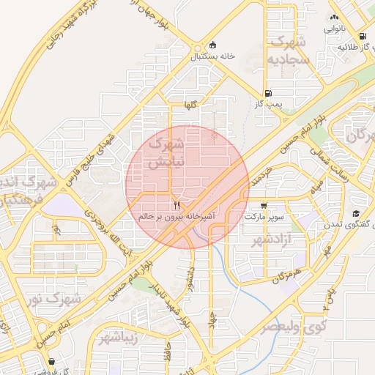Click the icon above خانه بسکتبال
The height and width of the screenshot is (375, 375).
[x=213, y=44]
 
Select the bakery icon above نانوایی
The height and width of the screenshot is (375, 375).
[x=334, y=18]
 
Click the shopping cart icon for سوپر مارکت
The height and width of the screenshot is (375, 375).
[x=263, y=206]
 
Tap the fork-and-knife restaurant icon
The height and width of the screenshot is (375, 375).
[x=176, y=204]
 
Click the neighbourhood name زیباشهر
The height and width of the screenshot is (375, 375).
[x=116, y=337]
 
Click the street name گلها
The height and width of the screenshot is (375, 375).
[x=190, y=105]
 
